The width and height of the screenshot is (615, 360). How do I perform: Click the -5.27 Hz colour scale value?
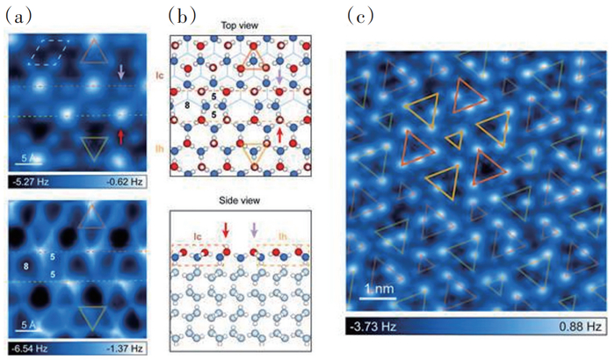click(31, 183)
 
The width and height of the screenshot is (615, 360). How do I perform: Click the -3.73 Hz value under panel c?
click(373, 327)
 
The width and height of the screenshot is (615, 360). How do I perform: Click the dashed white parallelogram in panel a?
click(47, 54)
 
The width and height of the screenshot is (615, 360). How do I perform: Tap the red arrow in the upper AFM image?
click(120, 134)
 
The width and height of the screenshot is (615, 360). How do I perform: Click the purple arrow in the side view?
click(255, 231)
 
